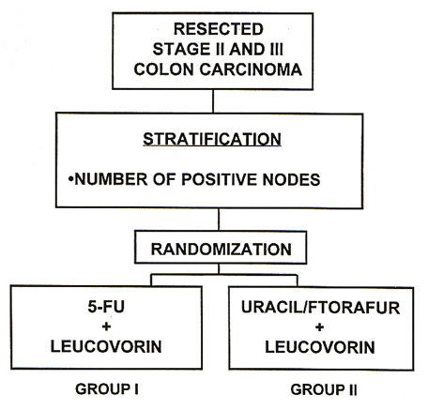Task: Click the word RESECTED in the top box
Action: click(x=219, y=29)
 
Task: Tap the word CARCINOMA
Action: click(x=251, y=69)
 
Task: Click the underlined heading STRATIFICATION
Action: click(x=212, y=140)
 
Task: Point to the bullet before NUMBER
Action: click(x=70, y=179)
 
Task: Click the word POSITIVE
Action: click(x=219, y=179)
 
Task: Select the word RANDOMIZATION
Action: click(x=222, y=250)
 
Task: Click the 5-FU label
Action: click(x=106, y=307)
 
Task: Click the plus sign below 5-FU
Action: click(x=106, y=326)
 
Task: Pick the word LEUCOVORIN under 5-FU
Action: click(x=106, y=346)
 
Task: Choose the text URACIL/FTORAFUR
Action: click(x=321, y=308)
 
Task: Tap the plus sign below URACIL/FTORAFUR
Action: click(x=319, y=327)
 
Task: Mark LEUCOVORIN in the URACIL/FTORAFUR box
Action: click(x=320, y=347)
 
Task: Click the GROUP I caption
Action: click(x=107, y=389)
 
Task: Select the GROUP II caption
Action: click(x=324, y=390)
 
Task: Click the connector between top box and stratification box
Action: click(x=213, y=101)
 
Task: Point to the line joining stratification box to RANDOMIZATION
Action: click(x=219, y=220)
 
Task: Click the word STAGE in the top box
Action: click(x=181, y=49)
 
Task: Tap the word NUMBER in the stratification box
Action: click(x=111, y=179)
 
